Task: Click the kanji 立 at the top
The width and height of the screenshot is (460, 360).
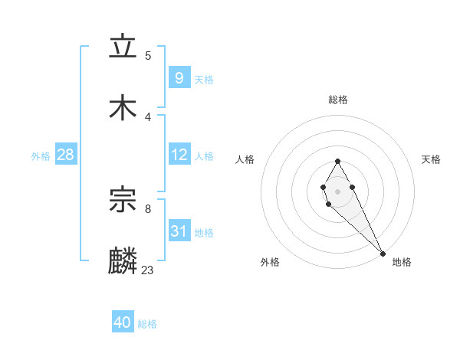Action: tap(123, 47)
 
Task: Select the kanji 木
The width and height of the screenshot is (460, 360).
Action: tap(123, 108)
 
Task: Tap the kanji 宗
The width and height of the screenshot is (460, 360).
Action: tap(123, 200)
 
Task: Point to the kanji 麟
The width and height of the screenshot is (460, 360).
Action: tap(123, 261)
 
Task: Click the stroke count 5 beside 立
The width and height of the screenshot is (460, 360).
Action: tap(148, 55)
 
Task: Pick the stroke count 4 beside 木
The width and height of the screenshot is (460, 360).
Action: tap(148, 116)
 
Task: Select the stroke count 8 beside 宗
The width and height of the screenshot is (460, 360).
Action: tap(148, 208)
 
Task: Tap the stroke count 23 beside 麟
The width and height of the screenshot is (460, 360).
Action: tap(148, 270)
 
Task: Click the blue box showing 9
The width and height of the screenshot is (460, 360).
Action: tap(179, 77)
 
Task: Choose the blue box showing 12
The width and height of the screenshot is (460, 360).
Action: tap(179, 155)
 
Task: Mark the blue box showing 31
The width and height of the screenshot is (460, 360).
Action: tap(179, 231)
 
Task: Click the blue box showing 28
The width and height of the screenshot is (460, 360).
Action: tap(65, 155)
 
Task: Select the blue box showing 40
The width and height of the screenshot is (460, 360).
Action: tap(123, 322)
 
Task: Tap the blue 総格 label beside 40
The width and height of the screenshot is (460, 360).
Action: tap(147, 324)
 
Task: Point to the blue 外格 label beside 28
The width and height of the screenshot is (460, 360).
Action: tap(41, 156)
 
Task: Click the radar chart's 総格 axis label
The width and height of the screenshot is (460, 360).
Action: tap(337, 100)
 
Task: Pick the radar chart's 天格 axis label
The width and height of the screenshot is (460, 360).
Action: tap(431, 159)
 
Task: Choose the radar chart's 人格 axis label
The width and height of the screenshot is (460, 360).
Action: tap(245, 159)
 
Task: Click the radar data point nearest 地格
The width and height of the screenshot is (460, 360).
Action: tap(383, 253)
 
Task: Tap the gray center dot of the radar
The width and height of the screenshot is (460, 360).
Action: tap(337, 191)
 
